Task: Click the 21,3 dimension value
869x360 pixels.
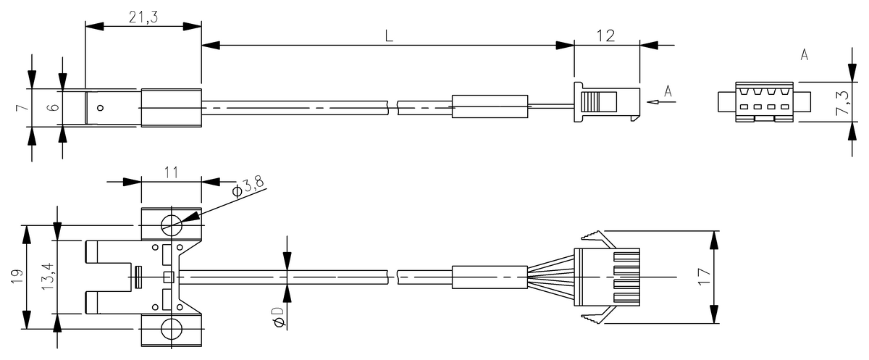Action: point(144,17)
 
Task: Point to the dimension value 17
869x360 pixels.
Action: point(702,277)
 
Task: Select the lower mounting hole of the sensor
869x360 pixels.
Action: point(172,329)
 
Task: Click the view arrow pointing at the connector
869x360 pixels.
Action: point(660,102)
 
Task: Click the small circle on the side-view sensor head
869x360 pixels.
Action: point(101,108)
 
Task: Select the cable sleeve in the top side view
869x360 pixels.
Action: point(490,107)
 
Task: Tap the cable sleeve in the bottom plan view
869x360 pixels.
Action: point(490,277)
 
